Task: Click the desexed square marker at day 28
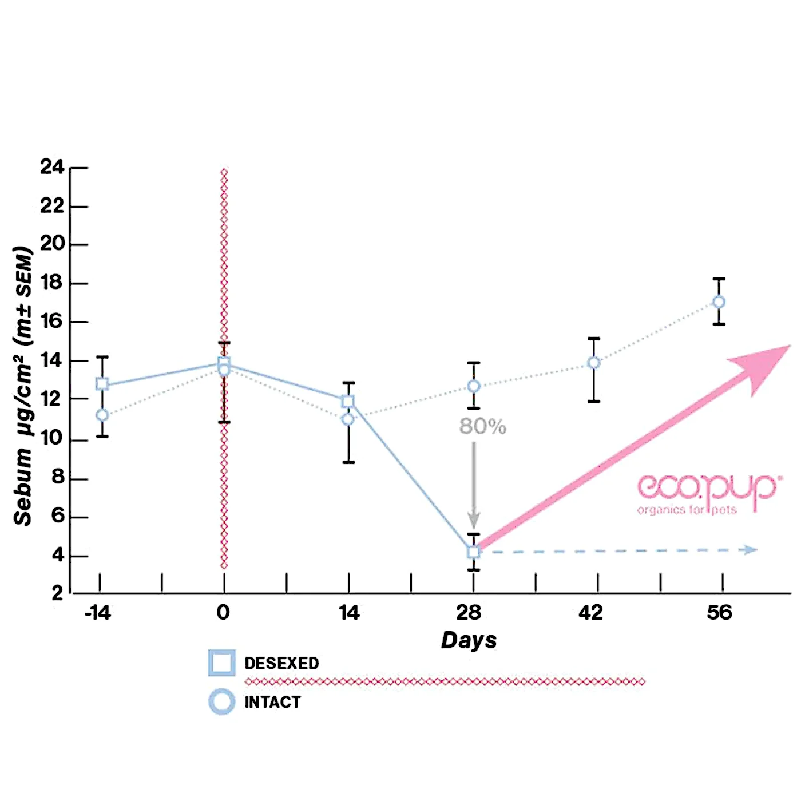[x=473, y=552]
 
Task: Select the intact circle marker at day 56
[x=719, y=302]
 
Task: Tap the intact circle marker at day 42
[x=594, y=363]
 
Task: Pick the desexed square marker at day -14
[x=102, y=384]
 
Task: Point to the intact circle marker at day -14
[x=102, y=415]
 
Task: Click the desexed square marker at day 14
[x=348, y=402]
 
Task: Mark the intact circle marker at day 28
[x=474, y=386]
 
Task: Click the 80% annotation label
[x=482, y=426]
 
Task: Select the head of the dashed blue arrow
[x=749, y=550]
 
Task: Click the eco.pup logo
[x=707, y=493]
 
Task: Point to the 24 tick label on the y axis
[x=52, y=167]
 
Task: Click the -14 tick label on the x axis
[x=97, y=613]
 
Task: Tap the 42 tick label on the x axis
[x=590, y=613]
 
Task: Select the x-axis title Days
[x=469, y=640]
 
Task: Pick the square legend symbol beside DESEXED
[x=221, y=663]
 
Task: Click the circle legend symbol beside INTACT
[x=221, y=701]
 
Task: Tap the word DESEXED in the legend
[x=281, y=663]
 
